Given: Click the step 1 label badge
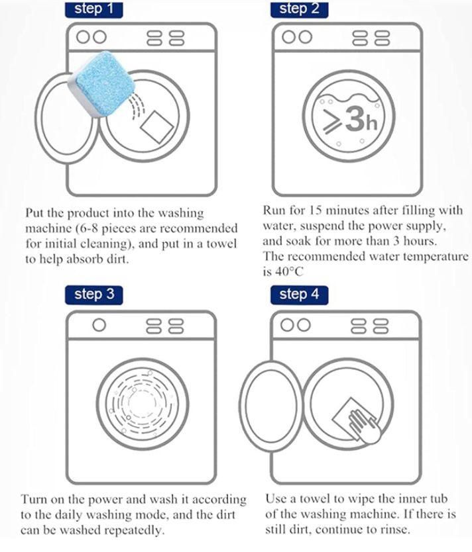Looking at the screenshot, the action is tap(93, 9).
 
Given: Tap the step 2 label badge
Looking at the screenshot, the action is tap(299, 9).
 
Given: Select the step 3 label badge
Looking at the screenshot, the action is tap(93, 295).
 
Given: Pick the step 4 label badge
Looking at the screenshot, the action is tap(299, 295).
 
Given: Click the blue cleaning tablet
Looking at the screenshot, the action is tap(102, 84).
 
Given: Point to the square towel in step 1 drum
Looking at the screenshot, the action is tap(157, 126).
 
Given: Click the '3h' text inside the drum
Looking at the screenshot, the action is tap(361, 119).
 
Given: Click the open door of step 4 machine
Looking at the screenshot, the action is tap(270, 406).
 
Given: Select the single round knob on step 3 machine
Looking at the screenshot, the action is tap(99, 325).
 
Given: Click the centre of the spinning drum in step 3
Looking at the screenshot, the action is tap(143, 404).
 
